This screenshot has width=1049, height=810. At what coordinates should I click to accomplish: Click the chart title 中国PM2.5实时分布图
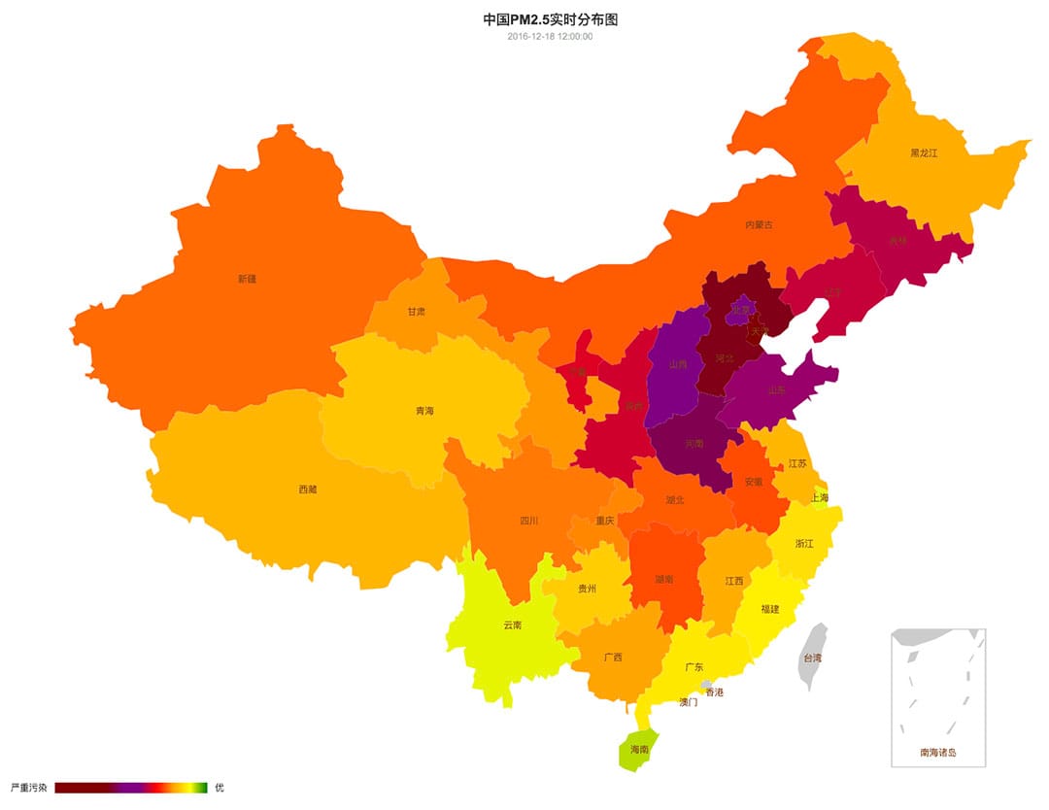550,19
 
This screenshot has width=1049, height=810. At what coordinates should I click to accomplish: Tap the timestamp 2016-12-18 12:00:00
550,37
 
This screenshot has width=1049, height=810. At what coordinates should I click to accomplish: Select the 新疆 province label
247,279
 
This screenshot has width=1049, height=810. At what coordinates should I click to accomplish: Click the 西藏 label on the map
307,489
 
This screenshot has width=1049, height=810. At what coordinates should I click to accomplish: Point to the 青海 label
424,411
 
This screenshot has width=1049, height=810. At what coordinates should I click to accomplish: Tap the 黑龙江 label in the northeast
924,152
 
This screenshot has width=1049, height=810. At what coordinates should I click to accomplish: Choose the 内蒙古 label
759,224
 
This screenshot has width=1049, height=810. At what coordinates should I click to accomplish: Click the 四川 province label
528,521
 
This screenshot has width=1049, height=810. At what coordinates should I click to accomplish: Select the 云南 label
512,624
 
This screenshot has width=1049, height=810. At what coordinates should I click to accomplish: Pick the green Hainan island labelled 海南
639,750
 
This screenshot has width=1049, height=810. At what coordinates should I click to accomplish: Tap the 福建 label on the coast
769,609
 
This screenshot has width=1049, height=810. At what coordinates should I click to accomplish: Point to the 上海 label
819,497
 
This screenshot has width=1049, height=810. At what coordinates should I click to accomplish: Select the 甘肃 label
416,312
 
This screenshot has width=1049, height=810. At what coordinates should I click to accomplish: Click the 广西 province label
612,657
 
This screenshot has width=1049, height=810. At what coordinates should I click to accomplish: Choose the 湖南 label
664,579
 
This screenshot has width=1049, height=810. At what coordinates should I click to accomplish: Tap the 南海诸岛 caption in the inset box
938,752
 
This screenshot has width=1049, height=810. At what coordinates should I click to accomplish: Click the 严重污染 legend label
27,788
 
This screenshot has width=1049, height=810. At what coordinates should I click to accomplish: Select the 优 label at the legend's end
219,788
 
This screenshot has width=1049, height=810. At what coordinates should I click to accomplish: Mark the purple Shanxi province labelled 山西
678,365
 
